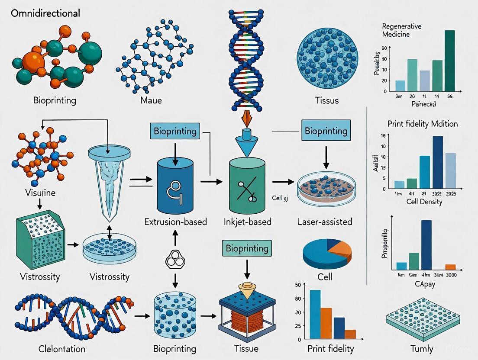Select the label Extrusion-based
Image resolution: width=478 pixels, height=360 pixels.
pos(175,222)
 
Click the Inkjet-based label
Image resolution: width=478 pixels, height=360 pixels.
pos(247,222)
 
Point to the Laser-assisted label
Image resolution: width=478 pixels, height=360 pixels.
pos(325,222)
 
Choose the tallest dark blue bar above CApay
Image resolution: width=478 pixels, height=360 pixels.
pos(426,245)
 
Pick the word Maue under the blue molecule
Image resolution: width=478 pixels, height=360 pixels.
pos(151,100)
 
